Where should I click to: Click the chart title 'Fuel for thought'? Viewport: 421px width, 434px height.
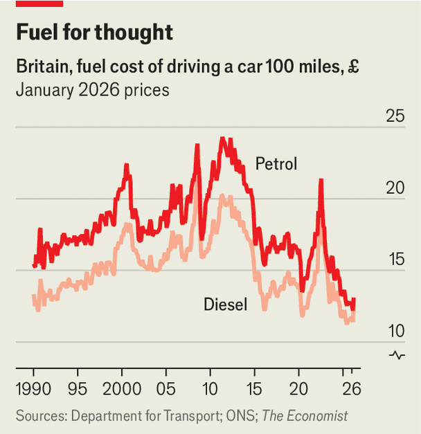94,33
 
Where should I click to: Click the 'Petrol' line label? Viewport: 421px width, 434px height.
276,163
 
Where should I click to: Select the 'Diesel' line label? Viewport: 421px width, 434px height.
225,304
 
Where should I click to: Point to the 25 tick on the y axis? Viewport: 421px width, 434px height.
395,116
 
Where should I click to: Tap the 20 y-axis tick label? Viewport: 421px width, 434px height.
395,188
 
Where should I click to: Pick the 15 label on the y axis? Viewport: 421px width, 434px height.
397,260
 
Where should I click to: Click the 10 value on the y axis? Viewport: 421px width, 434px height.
396,331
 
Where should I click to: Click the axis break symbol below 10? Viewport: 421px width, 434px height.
397,355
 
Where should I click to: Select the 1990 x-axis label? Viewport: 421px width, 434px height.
33,389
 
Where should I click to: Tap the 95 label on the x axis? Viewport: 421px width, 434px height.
78,389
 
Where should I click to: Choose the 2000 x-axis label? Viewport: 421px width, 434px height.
122,389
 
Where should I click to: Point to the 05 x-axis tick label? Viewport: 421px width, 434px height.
165,389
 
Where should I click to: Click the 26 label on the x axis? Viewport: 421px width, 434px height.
352,389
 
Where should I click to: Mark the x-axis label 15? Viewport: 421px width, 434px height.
254,389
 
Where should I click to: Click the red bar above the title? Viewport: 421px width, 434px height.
39,3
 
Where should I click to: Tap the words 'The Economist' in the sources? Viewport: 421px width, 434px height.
305,416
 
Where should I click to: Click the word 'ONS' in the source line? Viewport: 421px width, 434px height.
241,416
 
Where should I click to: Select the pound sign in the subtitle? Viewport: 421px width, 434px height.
353,66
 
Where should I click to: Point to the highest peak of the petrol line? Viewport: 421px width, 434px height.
222,138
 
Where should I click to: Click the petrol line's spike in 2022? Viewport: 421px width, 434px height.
321,180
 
